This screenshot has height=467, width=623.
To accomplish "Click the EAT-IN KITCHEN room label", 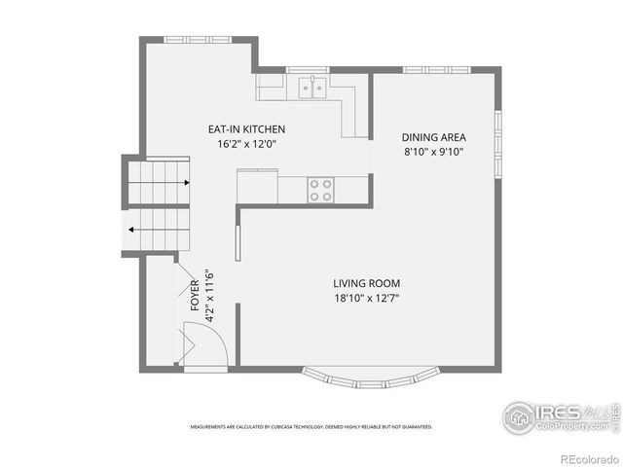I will point(246,128).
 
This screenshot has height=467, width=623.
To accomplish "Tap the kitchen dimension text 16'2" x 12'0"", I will point(246,144).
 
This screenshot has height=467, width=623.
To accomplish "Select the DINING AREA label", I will point(434,136).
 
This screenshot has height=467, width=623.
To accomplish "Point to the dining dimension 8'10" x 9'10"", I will point(434,152).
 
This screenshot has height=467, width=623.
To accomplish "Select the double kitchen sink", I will point(311,89).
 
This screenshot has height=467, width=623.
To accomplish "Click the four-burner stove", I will point(320,190).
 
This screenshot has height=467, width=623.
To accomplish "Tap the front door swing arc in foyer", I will point(206,344).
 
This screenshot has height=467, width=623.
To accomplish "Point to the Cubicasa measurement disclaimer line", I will point(311,426).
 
